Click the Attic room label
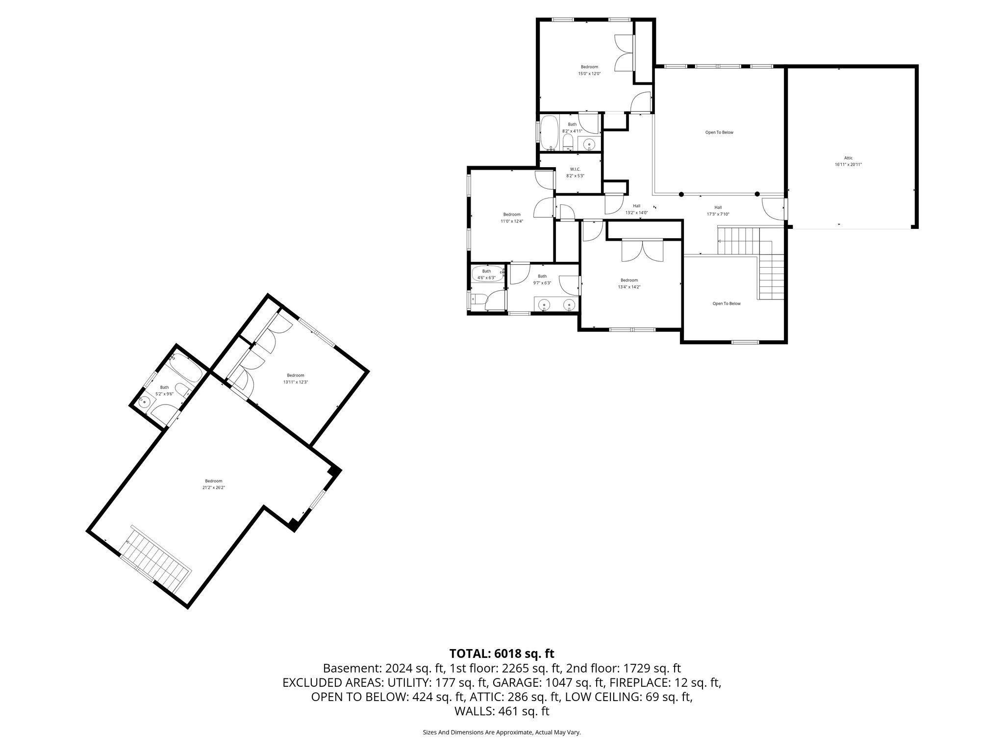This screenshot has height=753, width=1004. [x=848, y=158]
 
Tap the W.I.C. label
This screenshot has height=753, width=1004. [x=575, y=169]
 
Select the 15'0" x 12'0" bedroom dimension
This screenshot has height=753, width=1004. [x=589, y=74]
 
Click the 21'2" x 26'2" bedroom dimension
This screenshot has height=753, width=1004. [x=213, y=487]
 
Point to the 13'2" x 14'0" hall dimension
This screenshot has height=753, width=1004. [x=636, y=213]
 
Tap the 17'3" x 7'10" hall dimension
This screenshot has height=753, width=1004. [x=718, y=214]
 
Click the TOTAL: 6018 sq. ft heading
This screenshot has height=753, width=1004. [x=502, y=653]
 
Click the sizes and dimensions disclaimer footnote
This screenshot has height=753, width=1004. [x=502, y=746]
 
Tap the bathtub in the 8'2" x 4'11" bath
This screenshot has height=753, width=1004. [x=550, y=132]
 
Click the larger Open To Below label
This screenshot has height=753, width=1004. [x=719, y=132]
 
